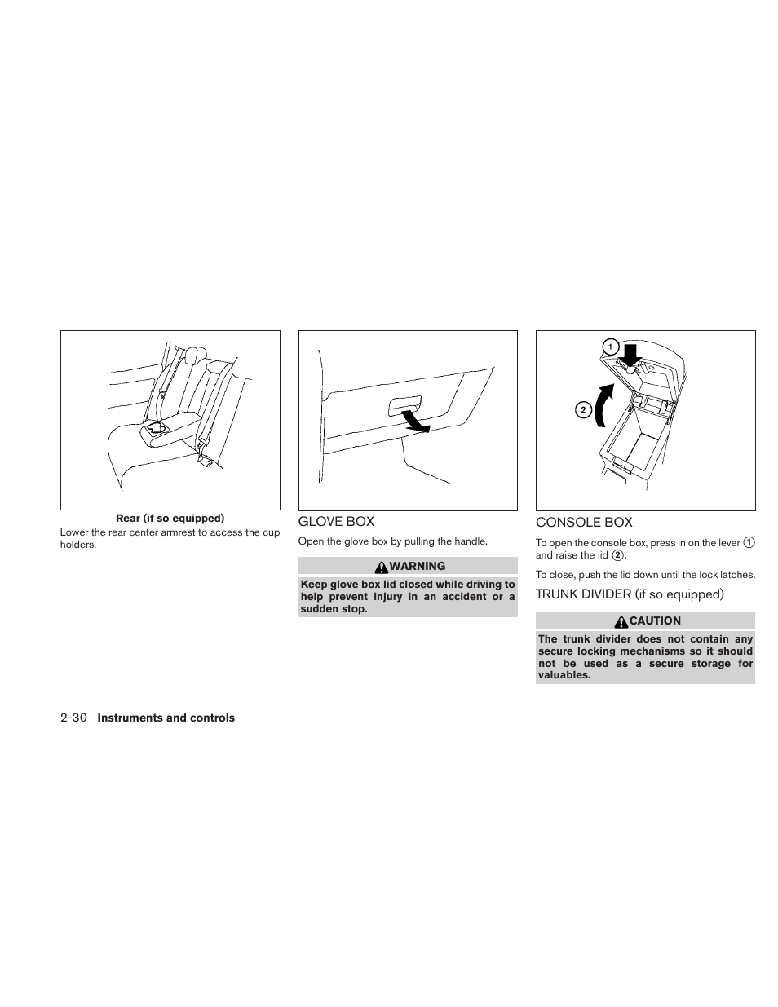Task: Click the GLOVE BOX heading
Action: click(336, 522)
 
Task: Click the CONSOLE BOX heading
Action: click(584, 523)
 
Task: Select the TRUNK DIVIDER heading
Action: click(630, 594)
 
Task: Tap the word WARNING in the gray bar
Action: click(418, 566)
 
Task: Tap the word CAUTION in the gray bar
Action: click(655, 621)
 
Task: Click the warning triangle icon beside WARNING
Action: click(382, 566)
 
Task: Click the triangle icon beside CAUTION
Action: click(621, 621)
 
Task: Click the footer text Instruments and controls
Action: click(166, 718)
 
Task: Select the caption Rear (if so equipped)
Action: click(170, 519)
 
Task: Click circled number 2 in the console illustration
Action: click(583, 409)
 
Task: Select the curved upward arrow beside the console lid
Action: click(603, 404)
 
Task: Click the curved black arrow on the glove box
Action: click(417, 421)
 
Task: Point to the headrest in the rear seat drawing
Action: click(195, 356)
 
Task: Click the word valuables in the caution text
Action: click(563, 675)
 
